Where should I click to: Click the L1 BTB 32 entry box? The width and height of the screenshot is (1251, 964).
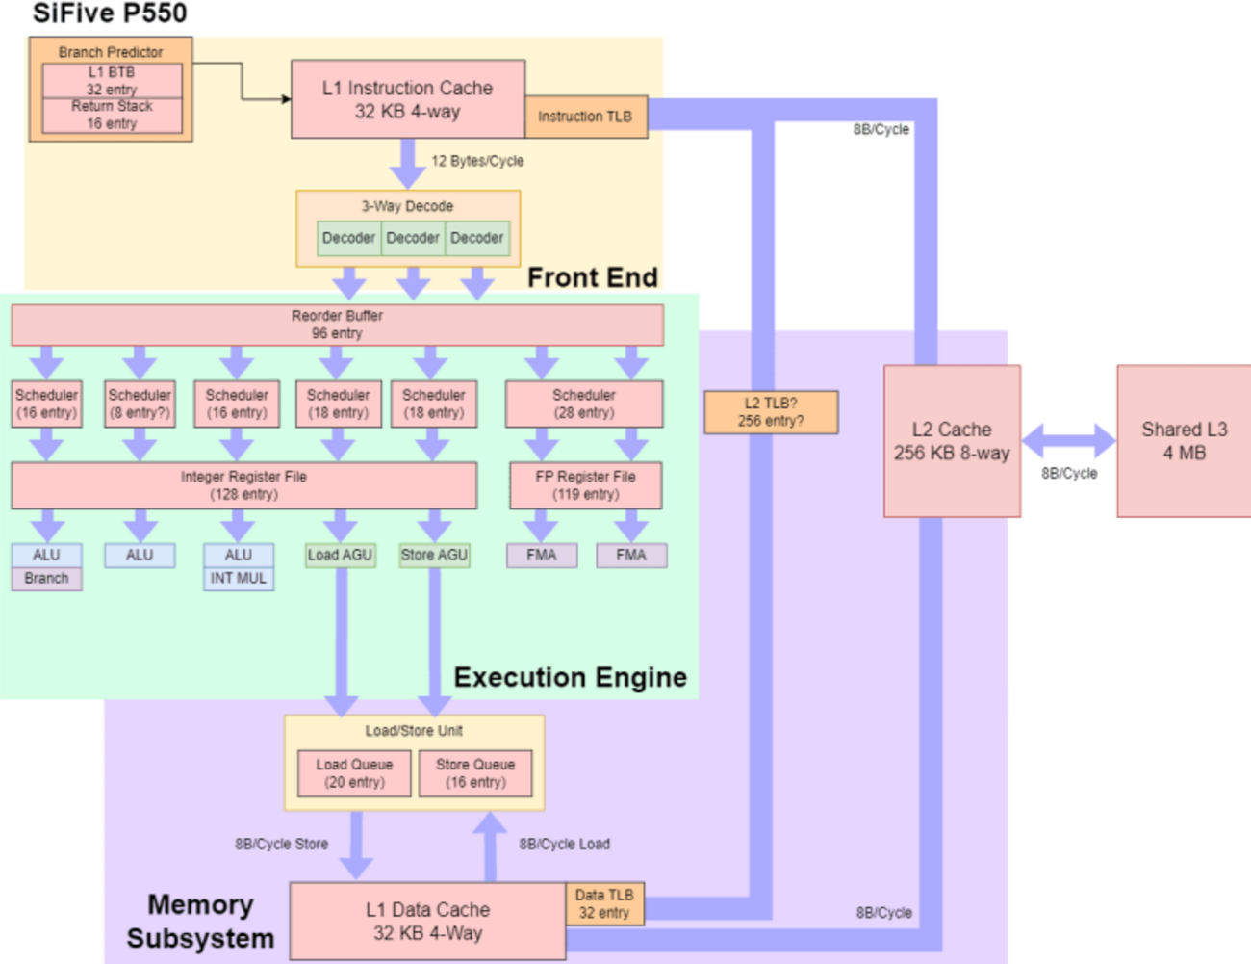pyautogui.click(x=112, y=81)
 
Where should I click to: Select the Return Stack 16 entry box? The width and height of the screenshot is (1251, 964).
pyautogui.click(x=112, y=116)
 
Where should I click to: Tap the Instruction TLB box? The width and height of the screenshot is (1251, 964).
pyautogui.click(x=585, y=117)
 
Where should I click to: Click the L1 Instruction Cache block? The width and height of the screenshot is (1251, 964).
pyautogui.click(x=407, y=99)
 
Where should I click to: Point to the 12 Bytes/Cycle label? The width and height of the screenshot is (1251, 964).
pyautogui.click(x=477, y=161)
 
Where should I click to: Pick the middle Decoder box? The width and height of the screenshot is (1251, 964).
pyautogui.click(x=413, y=238)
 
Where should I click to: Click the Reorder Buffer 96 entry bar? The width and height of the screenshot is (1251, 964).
pyautogui.click(x=337, y=325)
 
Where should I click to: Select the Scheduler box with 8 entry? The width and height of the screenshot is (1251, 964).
pyautogui.click(x=140, y=404)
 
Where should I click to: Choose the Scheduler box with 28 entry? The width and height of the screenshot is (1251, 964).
pyautogui.click(x=584, y=404)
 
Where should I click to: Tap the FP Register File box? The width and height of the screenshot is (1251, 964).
pyautogui.click(x=585, y=485)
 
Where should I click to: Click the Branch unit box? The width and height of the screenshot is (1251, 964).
pyautogui.click(x=46, y=579)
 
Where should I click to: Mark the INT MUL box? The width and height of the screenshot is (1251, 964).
pyautogui.click(x=239, y=579)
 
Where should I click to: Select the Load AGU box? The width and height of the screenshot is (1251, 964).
pyautogui.click(x=340, y=555)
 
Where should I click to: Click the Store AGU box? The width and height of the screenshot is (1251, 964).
pyautogui.click(x=434, y=555)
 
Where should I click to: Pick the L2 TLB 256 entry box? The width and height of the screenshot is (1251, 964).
pyautogui.click(x=771, y=412)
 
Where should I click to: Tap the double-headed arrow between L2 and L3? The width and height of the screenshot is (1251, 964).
pyautogui.click(x=1068, y=441)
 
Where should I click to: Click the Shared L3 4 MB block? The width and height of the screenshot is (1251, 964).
pyautogui.click(x=1184, y=441)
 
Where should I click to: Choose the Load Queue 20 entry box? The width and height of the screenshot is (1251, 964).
pyautogui.click(x=354, y=773)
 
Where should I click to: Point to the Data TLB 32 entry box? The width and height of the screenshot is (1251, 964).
pyautogui.click(x=604, y=904)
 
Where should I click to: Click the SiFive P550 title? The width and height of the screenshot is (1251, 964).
pyautogui.click(x=110, y=13)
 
